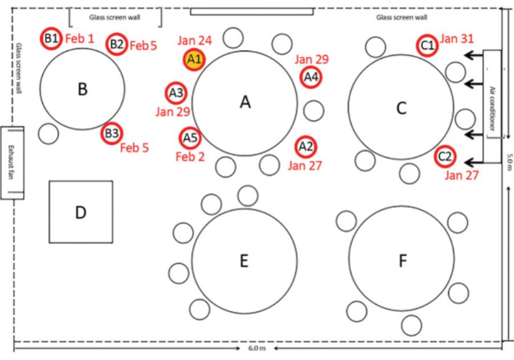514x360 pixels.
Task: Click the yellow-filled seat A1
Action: coord(194,60)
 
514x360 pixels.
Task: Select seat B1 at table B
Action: coord(51,39)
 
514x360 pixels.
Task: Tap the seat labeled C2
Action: coord(445,157)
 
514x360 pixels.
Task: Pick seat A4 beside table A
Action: coord(311,77)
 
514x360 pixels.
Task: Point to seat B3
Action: coord(112,133)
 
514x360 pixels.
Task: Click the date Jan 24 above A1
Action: coord(195,40)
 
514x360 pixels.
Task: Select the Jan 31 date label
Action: coord(456,39)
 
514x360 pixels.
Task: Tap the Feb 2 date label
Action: coord(190,157)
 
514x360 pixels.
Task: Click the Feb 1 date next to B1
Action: coord(80,39)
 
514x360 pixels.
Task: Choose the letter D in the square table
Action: coord(81,212)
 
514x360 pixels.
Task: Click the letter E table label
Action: coord(244,261)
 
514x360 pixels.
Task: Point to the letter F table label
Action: coord(402,261)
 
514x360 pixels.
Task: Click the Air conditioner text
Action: coord(492,108)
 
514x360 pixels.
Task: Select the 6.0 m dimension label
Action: coord(257,348)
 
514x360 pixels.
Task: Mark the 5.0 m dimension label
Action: coord(509,162)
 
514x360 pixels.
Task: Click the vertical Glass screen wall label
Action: coord(19,68)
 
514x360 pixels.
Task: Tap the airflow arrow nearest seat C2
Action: coord(474,162)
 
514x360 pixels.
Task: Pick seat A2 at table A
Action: coord(305,147)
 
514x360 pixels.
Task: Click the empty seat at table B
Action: coord(48,134)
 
